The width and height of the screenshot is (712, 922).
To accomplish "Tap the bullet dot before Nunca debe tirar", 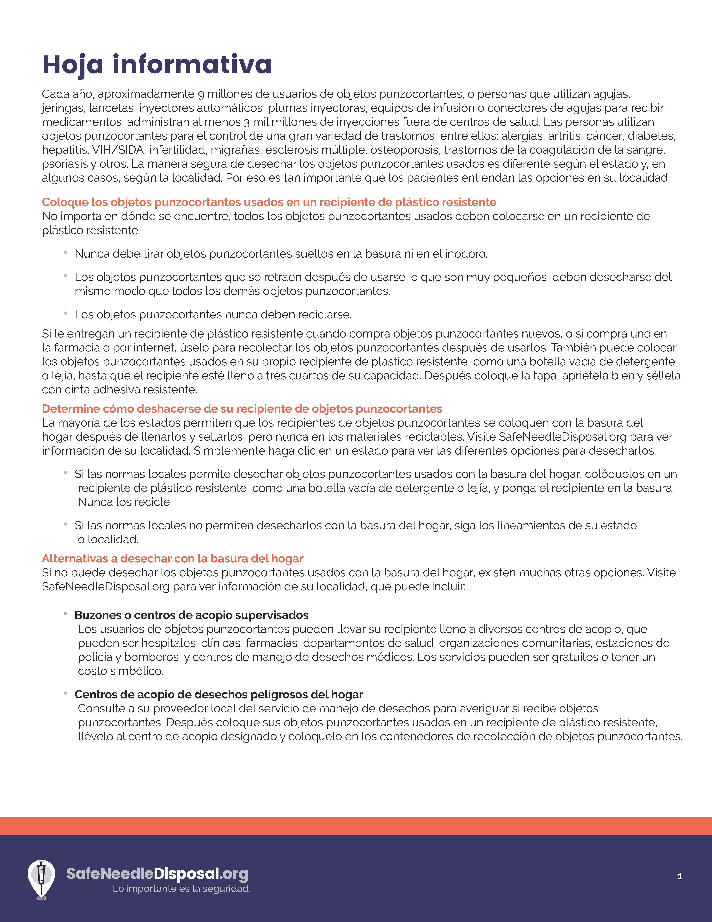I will click(x=66, y=252).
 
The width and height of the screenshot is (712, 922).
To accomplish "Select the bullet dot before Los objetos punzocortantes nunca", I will click(x=66, y=313).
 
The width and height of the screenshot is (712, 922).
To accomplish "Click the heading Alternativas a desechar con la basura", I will click(x=173, y=559).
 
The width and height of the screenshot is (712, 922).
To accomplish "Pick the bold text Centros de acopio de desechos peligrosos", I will click(x=218, y=694).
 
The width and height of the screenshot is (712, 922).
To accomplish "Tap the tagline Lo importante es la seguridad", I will click(x=181, y=889).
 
